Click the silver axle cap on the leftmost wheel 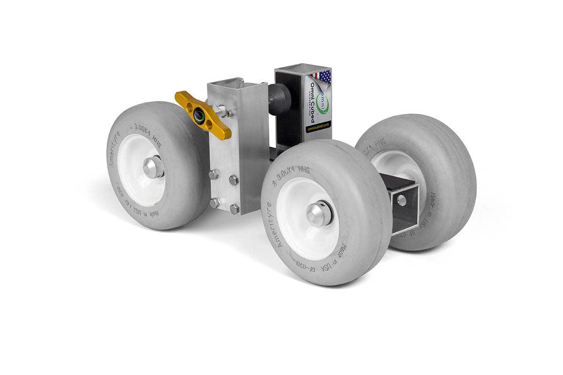[x=153, y=167]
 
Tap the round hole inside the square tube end [x=402, y=200]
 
